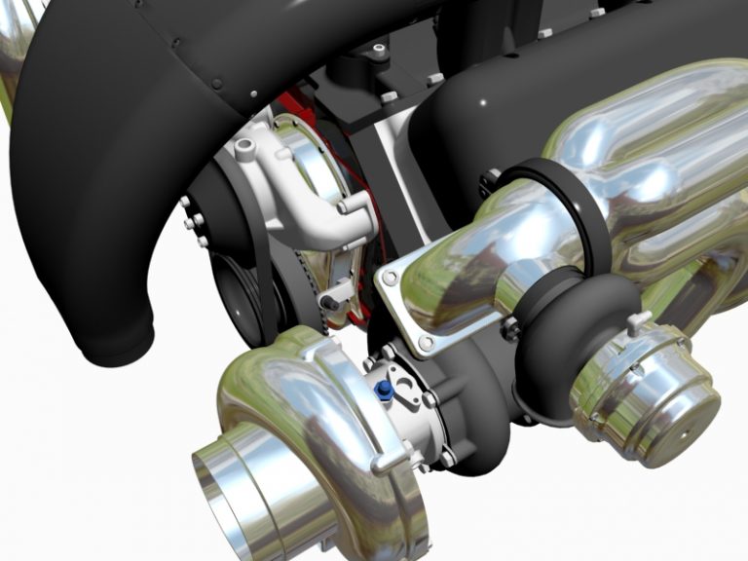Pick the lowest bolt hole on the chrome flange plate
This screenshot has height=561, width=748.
coord(426,344)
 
